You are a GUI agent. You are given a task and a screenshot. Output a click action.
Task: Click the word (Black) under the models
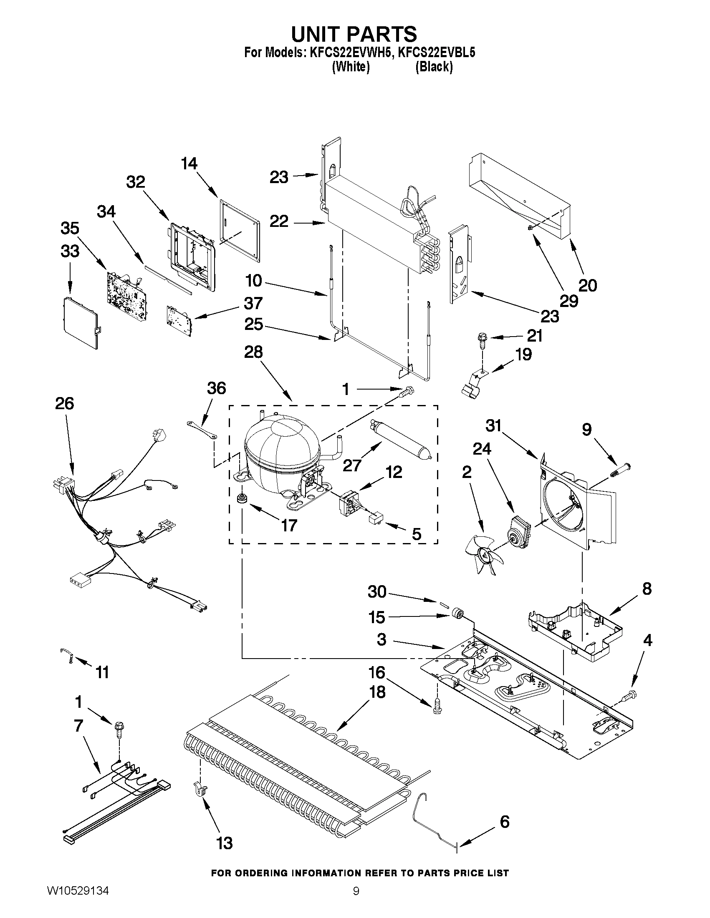[434, 67]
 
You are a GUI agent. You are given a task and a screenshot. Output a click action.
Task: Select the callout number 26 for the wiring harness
[64, 403]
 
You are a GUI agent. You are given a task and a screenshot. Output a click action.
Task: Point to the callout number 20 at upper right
[588, 285]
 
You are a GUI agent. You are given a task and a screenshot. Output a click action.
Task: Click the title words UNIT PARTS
[354, 34]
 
